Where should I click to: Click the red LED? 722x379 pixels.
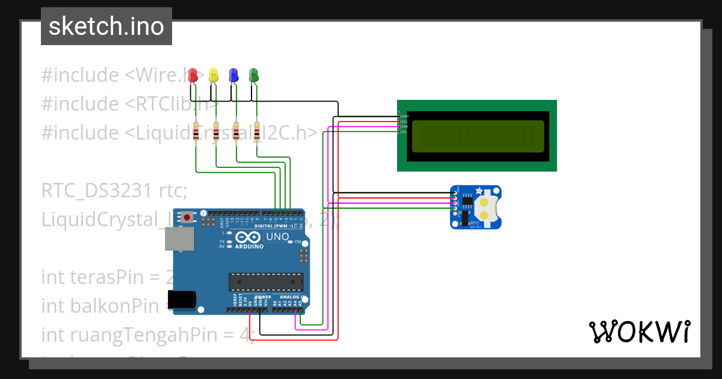pyautogui.click(x=193, y=75)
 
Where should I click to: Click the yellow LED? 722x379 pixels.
pyautogui.click(x=213, y=75)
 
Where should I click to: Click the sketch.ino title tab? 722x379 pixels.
pyautogui.click(x=106, y=26)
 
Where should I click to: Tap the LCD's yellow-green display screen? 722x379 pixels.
pyautogui.click(x=478, y=136)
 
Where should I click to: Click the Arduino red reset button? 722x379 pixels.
pyautogui.click(x=188, y=217)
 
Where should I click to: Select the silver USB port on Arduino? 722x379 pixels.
pyautogui.click(x=179, y=239)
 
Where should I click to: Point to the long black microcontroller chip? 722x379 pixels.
pyautogui.click(x=265, y=281)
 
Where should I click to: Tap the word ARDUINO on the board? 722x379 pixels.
pyautogui.click(x=249, y=247)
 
